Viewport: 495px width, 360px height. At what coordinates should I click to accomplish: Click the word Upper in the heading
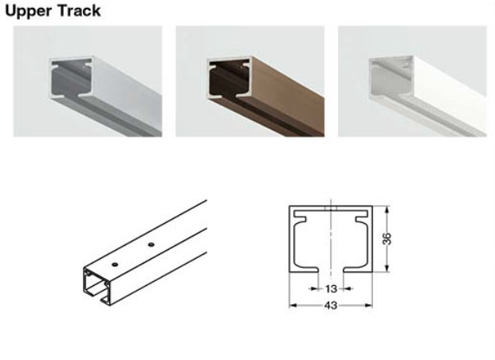28,11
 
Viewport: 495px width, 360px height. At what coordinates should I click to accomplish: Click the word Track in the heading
79,10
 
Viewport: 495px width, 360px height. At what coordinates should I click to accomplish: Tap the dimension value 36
387,238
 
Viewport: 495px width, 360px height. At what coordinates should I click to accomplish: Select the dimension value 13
331,288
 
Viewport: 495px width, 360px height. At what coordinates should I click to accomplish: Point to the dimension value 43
331,305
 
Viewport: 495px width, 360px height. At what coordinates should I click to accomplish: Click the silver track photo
88,81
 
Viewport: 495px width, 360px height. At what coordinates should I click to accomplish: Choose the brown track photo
250,81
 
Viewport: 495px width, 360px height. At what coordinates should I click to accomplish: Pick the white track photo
412,81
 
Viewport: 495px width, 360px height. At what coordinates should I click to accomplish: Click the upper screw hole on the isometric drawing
151,245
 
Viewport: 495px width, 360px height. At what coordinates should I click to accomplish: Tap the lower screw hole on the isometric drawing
115,264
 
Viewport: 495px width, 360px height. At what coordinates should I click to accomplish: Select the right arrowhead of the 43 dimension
369,305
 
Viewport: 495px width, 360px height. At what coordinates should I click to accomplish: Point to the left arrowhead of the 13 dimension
314,288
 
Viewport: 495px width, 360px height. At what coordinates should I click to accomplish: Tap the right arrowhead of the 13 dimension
347,288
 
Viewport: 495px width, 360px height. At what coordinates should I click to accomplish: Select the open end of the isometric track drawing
98,287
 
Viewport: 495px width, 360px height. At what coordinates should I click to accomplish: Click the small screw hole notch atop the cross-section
331,208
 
